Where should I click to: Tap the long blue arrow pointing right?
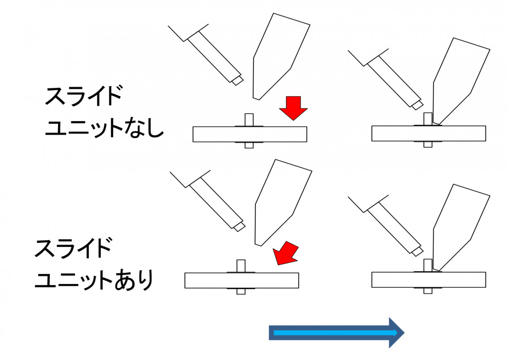pyautogui.click(x=336, y=333)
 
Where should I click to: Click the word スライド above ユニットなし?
pyautogui.click(x=84, y=96)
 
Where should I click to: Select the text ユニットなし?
pyautogui.click(x=104, y=128)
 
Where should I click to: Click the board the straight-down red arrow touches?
pyautogui.click(x=250, y=134)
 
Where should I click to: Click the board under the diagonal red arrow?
pyautogui.click(x=242, y=280)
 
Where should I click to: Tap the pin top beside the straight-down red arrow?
pyautogui.click(x=249, y=120)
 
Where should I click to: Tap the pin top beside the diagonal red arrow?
pyautogui.click(x=241, y=266)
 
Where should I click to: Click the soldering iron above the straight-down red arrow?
pyautogui.click(x=281, y=56)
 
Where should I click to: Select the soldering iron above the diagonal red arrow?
pyautogui.click(x=283, y=203)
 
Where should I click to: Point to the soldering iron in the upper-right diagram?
pyautogui.click(x=461, y=81)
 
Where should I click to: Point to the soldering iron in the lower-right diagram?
pyautogui.click(x=461, y=227)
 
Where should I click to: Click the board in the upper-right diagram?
pyautogui.click(x=429, y=134)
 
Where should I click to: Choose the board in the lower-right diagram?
pyautogui.click(x=429, y=280)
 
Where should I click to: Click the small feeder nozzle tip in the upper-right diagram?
pyautogui.click(x=417, y=105)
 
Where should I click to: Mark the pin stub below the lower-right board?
pyautogui.click(x=428, y=290)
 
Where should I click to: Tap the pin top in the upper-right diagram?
pyautogui.click(x=428, y=119)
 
